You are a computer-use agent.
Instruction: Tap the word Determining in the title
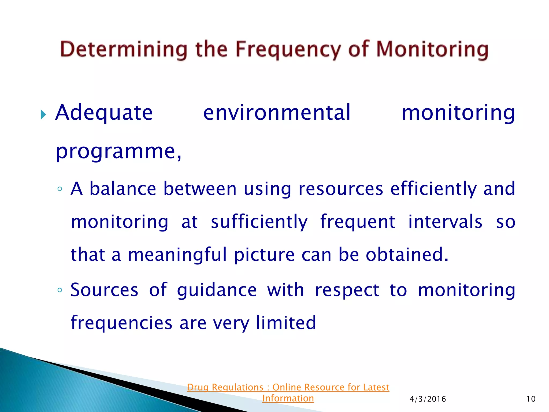(124, 50)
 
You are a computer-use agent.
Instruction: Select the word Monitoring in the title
(432, 50)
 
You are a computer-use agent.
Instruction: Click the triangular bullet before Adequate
(43, 115)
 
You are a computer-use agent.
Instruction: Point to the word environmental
(277, 113)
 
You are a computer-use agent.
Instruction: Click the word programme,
(118, 152)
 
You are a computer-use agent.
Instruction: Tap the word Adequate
(104, 113)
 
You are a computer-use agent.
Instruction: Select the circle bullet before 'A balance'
(60, 189)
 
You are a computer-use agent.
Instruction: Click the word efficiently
(433, 189)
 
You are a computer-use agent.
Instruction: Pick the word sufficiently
(259, 222)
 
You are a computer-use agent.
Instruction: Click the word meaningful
(177, 255)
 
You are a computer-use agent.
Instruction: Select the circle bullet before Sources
(60, 290)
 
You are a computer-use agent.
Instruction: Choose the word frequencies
(121, 323)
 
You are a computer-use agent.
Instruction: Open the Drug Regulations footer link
(288, 392)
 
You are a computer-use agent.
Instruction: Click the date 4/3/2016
(428, 399)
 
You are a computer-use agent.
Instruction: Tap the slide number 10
(531, 399)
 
